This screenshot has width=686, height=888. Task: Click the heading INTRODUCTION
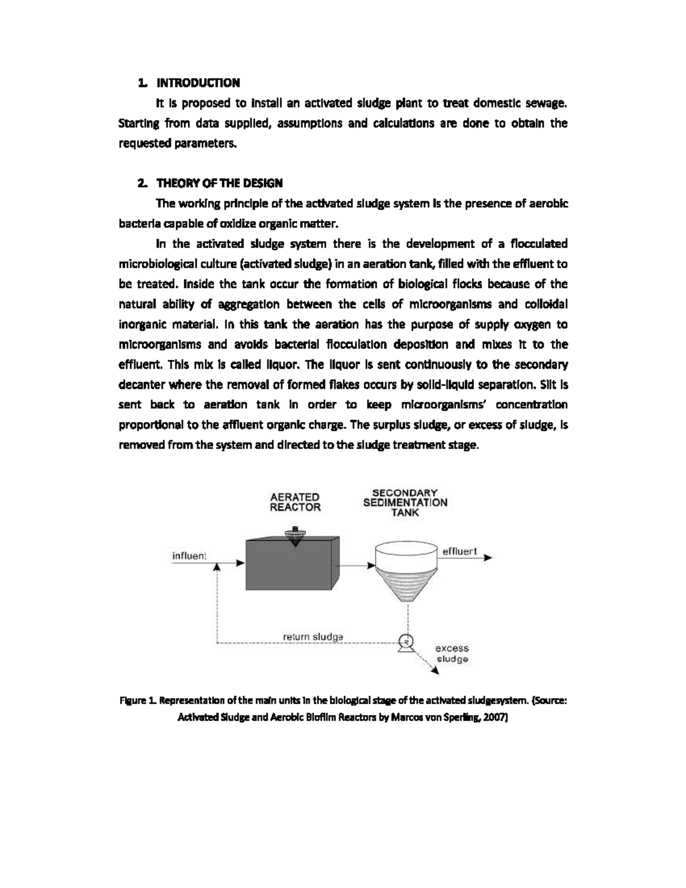198,83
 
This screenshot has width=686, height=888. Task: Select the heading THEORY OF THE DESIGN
220,184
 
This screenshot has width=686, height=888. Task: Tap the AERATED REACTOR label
295,502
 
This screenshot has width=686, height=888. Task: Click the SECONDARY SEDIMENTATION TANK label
405,503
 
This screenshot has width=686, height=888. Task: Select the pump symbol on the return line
406,643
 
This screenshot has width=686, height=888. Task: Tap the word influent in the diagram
189,556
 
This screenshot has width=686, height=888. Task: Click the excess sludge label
452,654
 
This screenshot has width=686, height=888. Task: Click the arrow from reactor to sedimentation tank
356,565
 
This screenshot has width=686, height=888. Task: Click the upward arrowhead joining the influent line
217,566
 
